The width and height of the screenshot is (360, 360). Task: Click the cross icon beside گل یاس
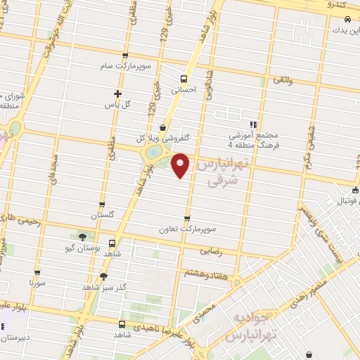pyautogui.click(x=117, y=94)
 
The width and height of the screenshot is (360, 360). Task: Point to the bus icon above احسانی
pyautogui.click(x=184, y=79)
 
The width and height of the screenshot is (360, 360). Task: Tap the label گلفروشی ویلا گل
pyautogui.click(x=164, y=138)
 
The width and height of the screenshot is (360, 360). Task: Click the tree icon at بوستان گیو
pyautogui.click(x=84, y=237)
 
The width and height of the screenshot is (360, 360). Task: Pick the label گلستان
pyautogui.click(x=103, y=214)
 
